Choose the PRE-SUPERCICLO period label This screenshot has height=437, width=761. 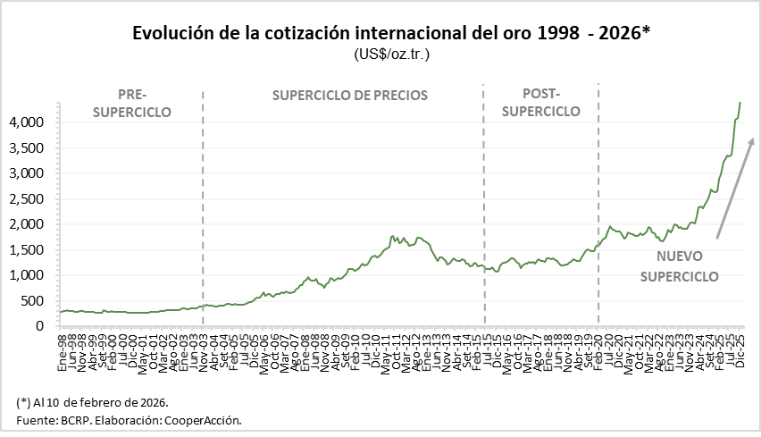click(131, 103)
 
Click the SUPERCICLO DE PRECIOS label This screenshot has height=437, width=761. click(350, 95)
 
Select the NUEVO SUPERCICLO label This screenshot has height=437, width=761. click(679, 266)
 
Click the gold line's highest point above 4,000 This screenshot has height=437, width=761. click(740, 102)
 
